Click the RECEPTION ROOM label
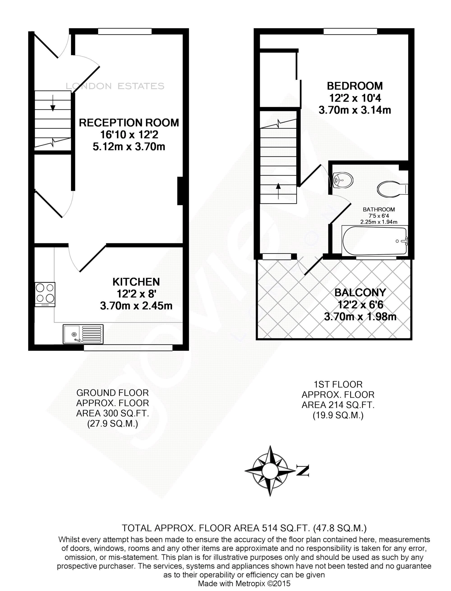click(129, 123)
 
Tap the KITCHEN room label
click(136, 282)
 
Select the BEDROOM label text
click(355, 86)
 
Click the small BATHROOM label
click(379, 210)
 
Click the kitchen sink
click(83, 334)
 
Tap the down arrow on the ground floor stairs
click(53, 107)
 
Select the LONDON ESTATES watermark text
click(115, 86)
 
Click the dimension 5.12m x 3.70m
click(129, 147)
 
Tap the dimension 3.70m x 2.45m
click(136, 306)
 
